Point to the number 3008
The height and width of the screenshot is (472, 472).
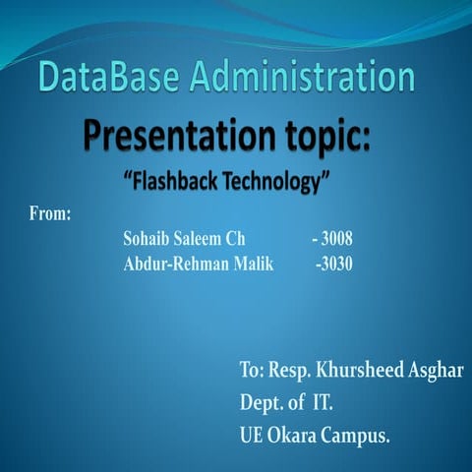335,239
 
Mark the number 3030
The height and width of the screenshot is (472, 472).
336,264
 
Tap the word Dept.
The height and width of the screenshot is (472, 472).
261,403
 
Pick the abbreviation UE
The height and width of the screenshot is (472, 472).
253,434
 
